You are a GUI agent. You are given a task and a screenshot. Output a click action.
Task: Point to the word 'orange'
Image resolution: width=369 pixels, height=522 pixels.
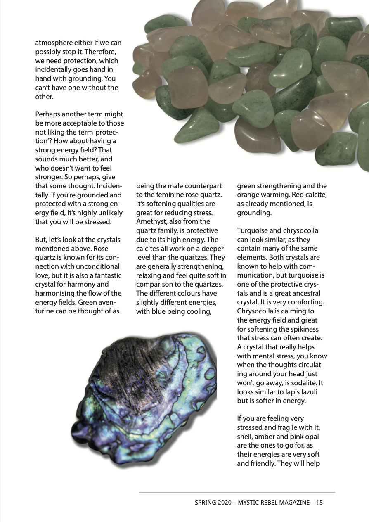(x=248, y=195)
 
